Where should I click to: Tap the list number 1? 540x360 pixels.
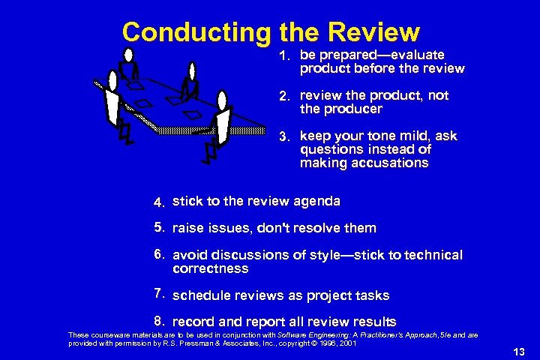pyautogui.click(x=284, y=55)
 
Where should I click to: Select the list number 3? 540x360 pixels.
pyautogui.click(x=284, y=137)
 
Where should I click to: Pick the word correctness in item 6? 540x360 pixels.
pyautogui.click(x=210, y=268)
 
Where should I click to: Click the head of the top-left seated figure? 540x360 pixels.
pyautogui.click(x=128, y=54)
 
